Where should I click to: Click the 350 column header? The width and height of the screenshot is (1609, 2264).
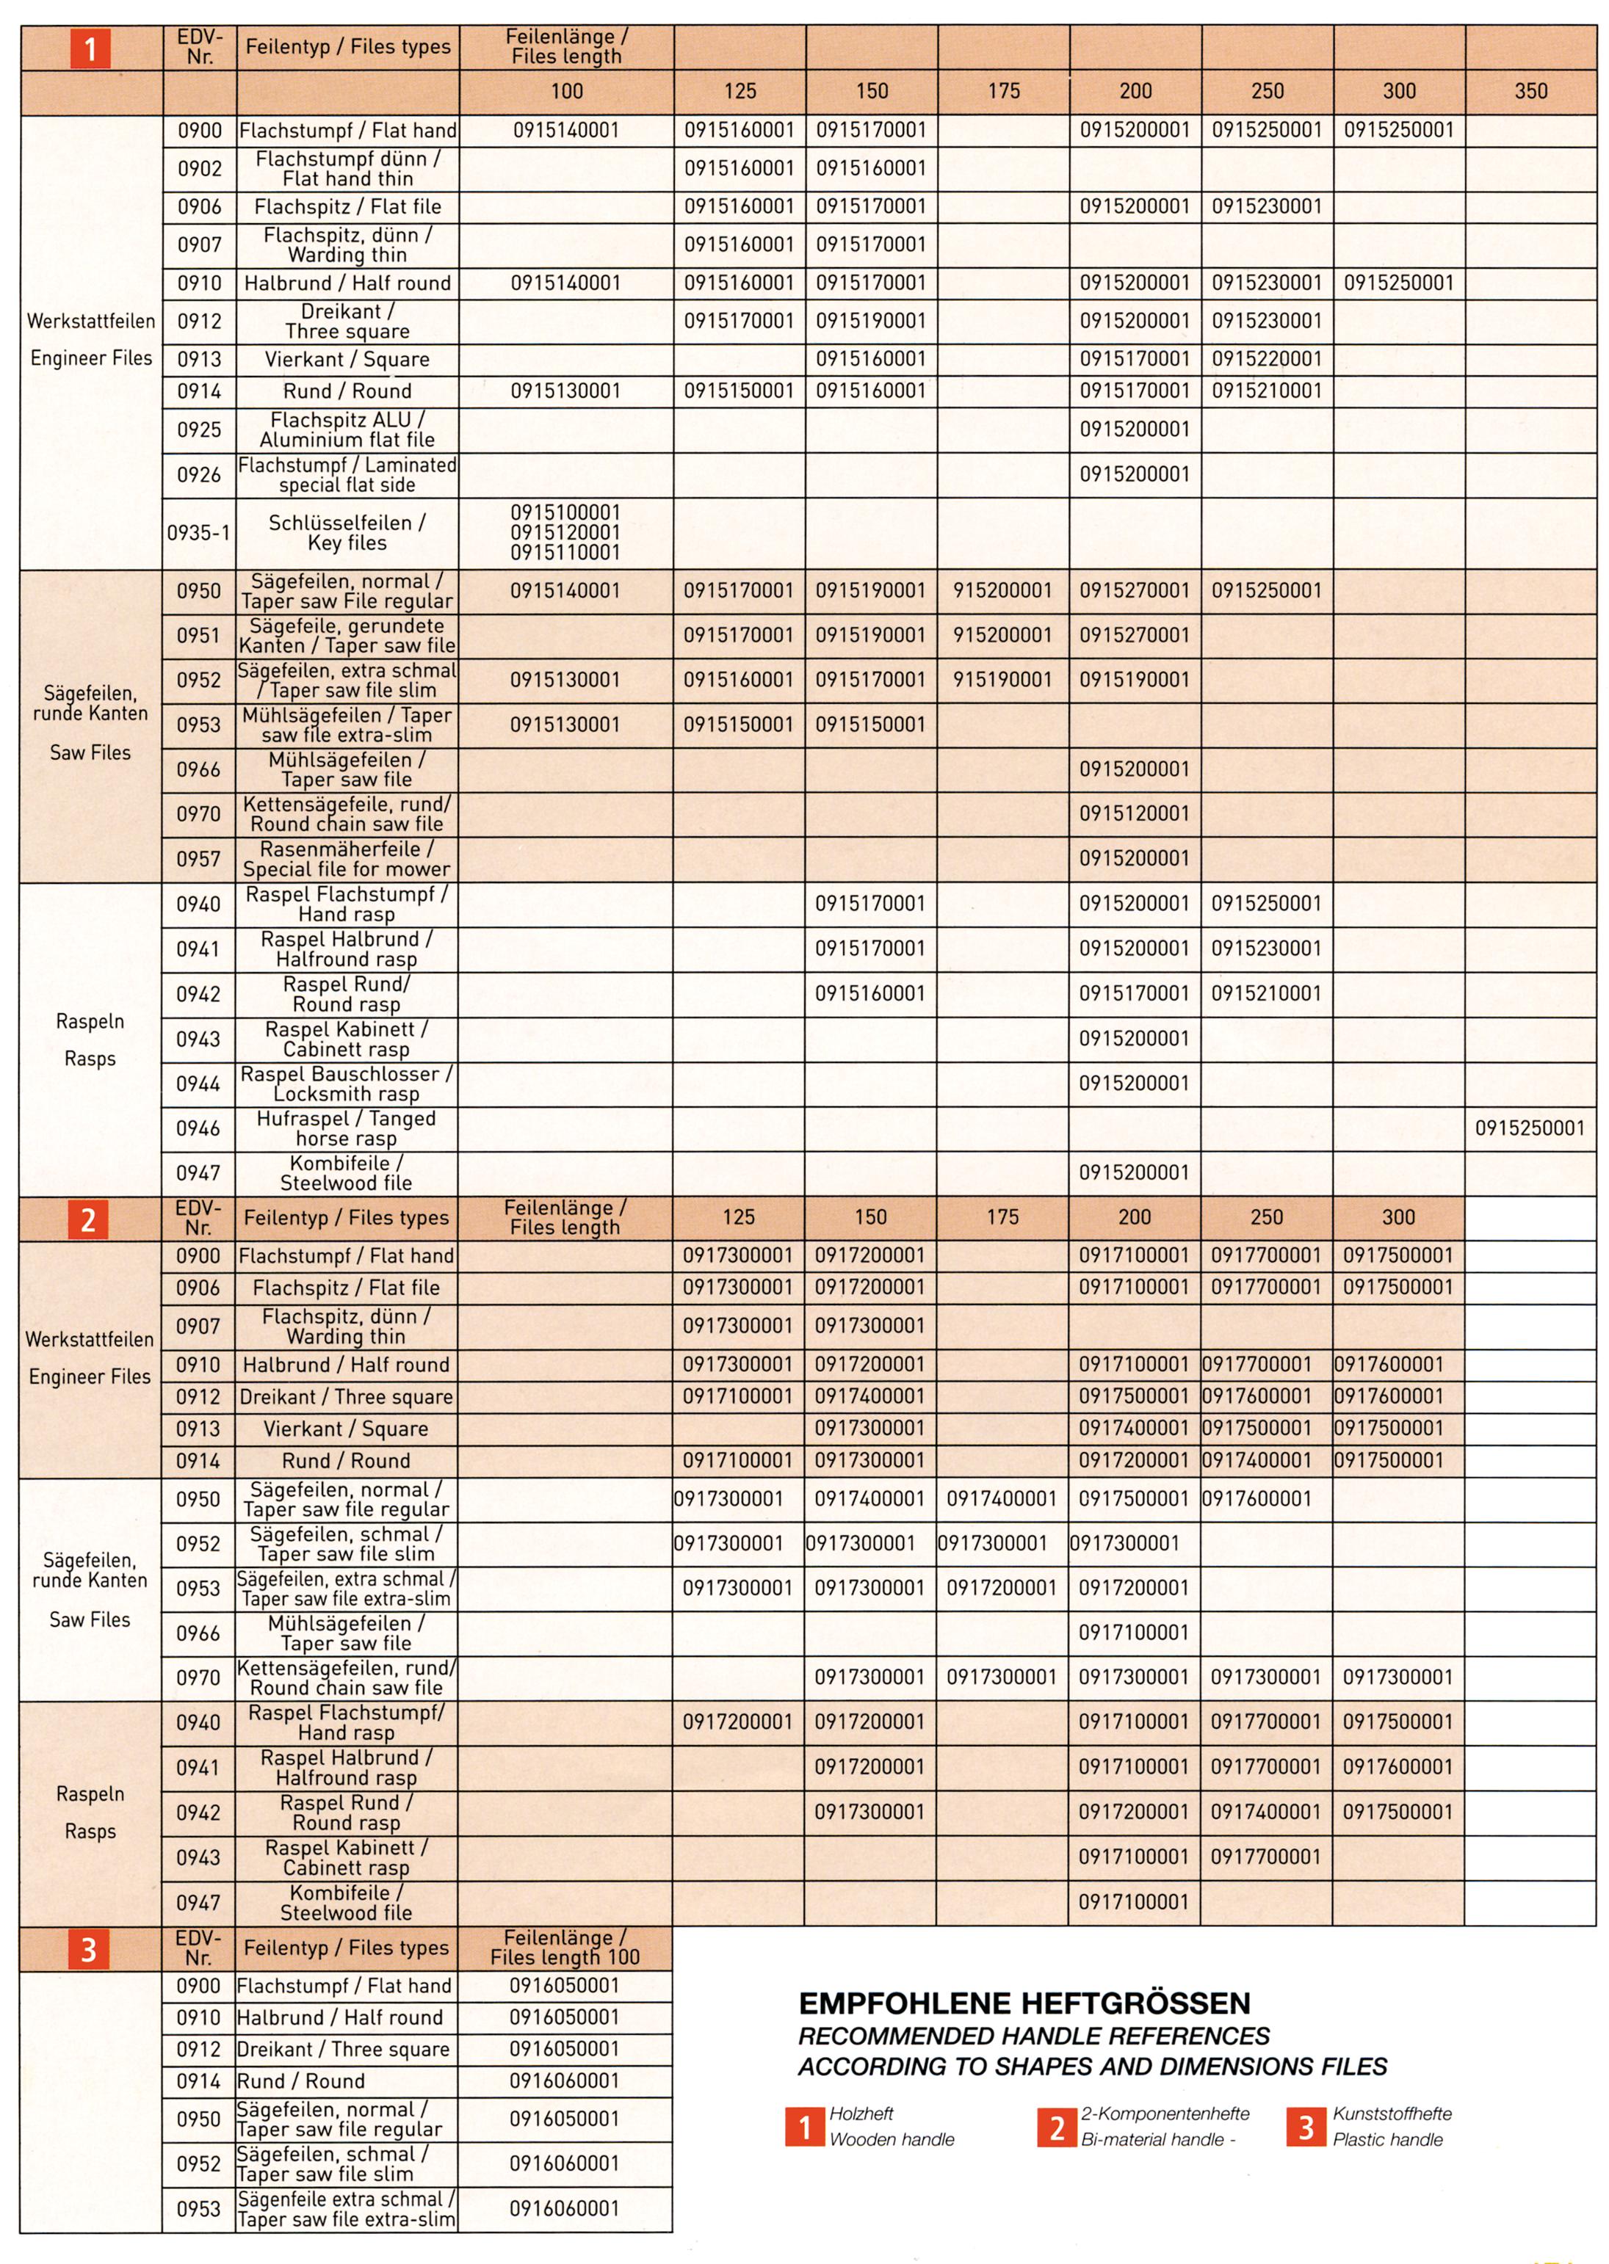(x=1530, y=91)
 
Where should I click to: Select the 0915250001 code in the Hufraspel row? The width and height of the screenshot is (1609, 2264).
(x=1530, y=1128)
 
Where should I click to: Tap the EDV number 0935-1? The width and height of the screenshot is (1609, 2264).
(x=198, y=533)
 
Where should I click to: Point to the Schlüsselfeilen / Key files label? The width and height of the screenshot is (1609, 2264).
(x=347, y=533)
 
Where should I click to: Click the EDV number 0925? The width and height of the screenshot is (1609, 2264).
(x=199, y=430)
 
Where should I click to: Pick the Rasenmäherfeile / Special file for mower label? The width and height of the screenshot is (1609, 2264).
(x=347, y=860)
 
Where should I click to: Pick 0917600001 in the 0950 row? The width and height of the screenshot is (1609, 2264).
(x=1257, y=1498)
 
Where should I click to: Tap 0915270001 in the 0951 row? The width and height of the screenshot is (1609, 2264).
(x=1135, y=636)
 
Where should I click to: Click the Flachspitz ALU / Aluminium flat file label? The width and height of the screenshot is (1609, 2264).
(x=347, y=430)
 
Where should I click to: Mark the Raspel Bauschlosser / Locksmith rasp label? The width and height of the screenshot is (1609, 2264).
(x=347, y=1084)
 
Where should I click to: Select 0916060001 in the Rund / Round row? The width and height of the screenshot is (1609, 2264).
(x=565, y=2080)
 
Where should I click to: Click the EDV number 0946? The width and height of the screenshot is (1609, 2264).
(x=198, y=1128)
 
